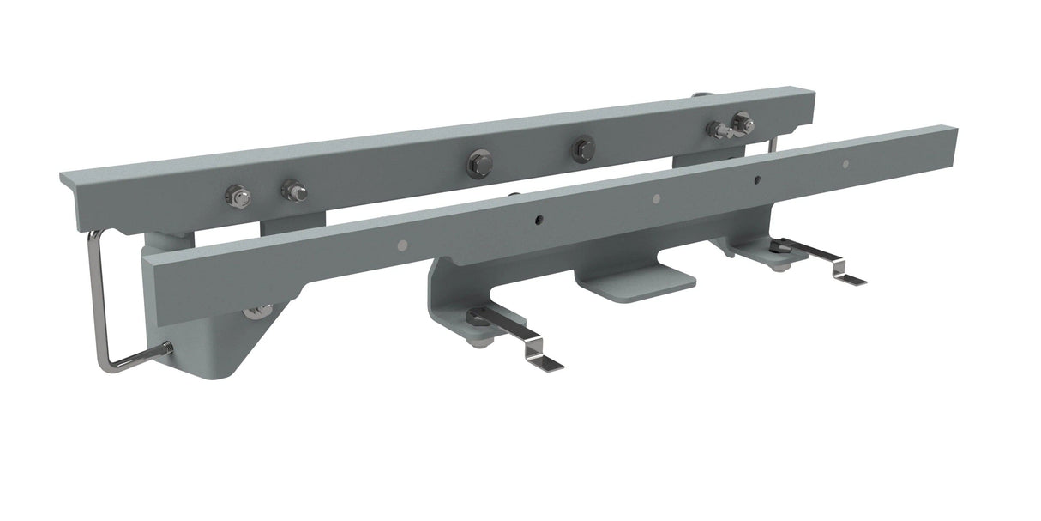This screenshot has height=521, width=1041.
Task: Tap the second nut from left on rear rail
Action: pos(293,190)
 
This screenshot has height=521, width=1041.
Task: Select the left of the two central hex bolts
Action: pos(479,162)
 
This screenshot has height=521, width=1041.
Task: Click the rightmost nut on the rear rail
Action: pos(742,123)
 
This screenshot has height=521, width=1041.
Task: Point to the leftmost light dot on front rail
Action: pos(402,245)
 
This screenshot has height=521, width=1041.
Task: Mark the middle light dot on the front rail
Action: pos(656,199)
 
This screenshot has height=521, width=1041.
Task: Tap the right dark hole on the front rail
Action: pos(757,180)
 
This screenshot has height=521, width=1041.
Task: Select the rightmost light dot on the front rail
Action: pos(845,164)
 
